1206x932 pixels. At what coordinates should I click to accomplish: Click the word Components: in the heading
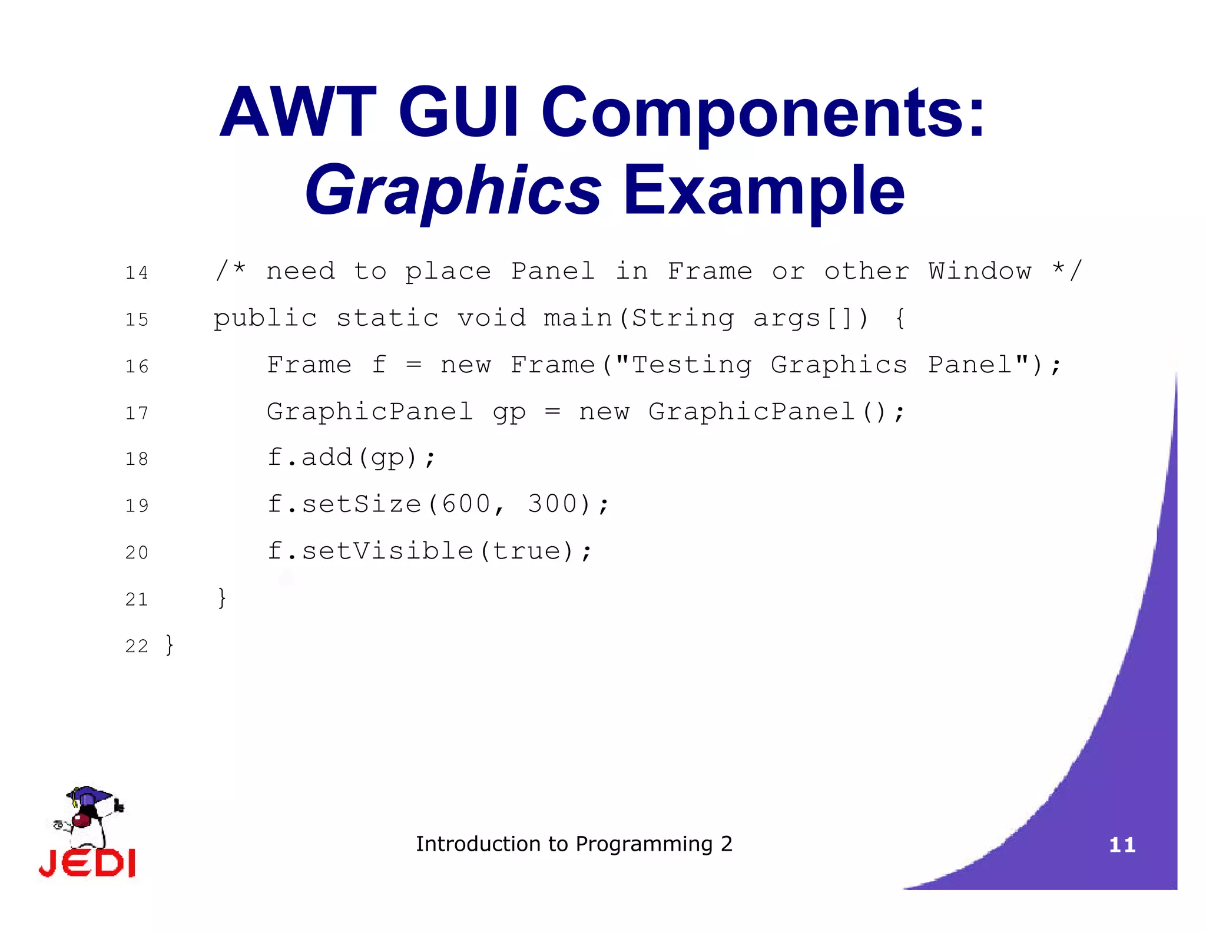[x=763, y=112]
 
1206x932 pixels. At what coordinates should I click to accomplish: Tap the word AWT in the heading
[x=297, y=112]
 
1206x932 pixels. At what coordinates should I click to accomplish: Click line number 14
[x=137, y=273]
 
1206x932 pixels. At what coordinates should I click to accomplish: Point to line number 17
[x=137, y=413]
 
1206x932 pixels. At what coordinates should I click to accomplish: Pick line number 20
[x=137, y=553]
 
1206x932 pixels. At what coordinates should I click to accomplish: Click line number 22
[x=137, y=646]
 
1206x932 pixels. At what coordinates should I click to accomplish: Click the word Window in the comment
[x=980, y=271]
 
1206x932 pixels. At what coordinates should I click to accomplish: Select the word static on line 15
[x=387, y=318]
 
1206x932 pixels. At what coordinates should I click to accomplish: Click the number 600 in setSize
[x=466, y=504]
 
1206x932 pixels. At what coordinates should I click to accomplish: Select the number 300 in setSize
[x=552, y=504]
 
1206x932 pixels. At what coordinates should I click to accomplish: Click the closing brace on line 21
[x=221, y=597]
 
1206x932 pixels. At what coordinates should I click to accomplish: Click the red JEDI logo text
[x=87, y=863]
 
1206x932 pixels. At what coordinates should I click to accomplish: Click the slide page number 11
[x=1122, y=845]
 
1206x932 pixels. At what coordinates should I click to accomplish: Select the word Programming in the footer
[x=644, y=844]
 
